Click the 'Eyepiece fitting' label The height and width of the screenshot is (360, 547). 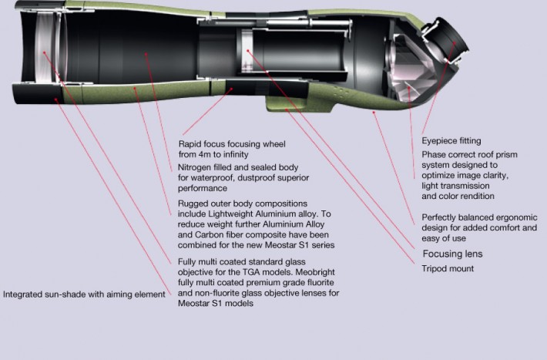click(451, 141)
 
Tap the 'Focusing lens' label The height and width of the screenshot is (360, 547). click(452, 254)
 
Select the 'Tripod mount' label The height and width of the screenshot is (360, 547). click(448, 268)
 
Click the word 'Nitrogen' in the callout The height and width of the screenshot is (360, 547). click(193, 167)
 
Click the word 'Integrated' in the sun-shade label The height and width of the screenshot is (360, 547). click(22, 294)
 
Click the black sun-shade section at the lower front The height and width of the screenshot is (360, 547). click(37, 94)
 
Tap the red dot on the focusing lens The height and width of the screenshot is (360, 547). click(247, 51)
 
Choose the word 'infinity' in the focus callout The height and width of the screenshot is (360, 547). click(236, 154)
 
